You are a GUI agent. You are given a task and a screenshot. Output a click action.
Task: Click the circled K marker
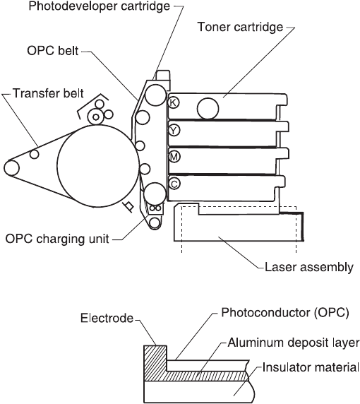pyautogui.click(x=174, y=102)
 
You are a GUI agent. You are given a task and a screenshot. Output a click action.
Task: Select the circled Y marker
pyautogui.click(x=174, y=131)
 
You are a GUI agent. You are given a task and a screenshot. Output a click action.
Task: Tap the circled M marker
pyautogui.click(x=174, y=157)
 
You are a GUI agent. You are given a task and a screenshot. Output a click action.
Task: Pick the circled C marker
pyautogui.click(x=174, y=184)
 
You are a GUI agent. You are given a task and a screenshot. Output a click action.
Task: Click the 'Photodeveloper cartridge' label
pyautogui.click(x=100, y=6)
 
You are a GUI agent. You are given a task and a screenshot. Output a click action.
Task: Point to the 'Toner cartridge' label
pyautogui.click(x=240, y=27)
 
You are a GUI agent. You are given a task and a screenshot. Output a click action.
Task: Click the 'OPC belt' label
pyautogui.click(x=52, y=51)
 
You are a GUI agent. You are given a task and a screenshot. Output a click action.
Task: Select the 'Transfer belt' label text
pyautogui.click(x=48, y=93)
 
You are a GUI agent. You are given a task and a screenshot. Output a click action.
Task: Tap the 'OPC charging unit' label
pyautogui.click(x=57, y=239)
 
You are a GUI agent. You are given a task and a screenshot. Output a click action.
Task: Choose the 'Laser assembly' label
pyautogui.click(x=309, y=267)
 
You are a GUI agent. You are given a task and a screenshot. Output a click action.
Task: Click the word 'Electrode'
pyautogui.click(x=107, y=319)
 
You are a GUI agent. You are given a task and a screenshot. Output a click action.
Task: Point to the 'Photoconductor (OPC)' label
pyautogui.click(x=285, y=312)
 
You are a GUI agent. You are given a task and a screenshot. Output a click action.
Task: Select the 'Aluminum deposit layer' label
pyautogui.click(x=294, y=343)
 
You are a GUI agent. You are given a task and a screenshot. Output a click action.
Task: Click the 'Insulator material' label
pyautogui.click(x=311, y=367)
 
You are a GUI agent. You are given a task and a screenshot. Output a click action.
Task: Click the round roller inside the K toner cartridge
pyautogui.click(x=208, y=109)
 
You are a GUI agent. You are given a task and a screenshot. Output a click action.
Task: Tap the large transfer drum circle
pyautogui.click(x=98, y=166)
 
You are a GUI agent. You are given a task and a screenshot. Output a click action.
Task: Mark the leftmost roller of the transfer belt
pyautogui.click(x=11, y=167)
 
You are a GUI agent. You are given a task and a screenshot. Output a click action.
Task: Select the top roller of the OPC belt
pyautogui.click(x=155, y=95)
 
